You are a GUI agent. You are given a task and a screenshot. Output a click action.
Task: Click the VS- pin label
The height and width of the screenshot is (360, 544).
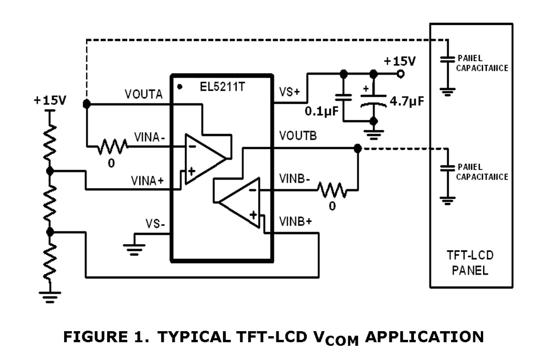[x=153, y=224]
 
